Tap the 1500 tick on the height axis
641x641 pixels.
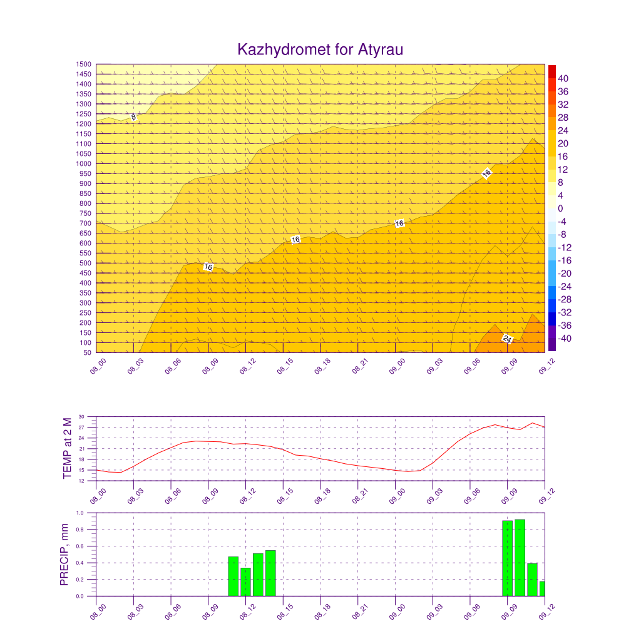tap(83, 64)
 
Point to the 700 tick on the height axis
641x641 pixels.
tap(85, 223)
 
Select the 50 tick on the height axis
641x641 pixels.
tap(87, 352)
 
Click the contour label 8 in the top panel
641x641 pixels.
tap(133, 117)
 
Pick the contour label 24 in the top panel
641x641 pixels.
tap(507, 339)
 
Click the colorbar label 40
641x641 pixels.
tap(563, 78)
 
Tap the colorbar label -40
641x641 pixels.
tap(565, 339)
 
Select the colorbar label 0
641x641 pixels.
tap(560, 208)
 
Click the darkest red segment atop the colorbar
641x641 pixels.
tap(552, 71)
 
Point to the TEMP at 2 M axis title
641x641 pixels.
tap(68, 448)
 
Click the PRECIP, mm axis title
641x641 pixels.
tap(64, 555)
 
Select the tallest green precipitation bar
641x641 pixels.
tap(520, 558)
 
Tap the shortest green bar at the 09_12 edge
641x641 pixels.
tap(543, 588)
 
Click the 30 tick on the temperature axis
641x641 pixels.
tap(81, 417)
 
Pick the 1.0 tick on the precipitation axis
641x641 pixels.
tap(79, 513)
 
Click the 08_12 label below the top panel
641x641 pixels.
tap(248, 366)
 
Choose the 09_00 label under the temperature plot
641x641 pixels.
tap(397, 496)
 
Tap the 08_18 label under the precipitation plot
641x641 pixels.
tap(322, 612)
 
